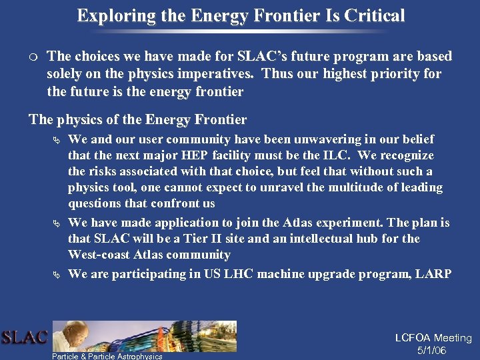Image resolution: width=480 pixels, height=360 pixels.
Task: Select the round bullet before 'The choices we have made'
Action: point(33,57)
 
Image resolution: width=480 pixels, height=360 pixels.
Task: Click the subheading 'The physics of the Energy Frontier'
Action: point(137,120)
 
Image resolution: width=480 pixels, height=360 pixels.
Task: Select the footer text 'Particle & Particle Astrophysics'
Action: point(107,356)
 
